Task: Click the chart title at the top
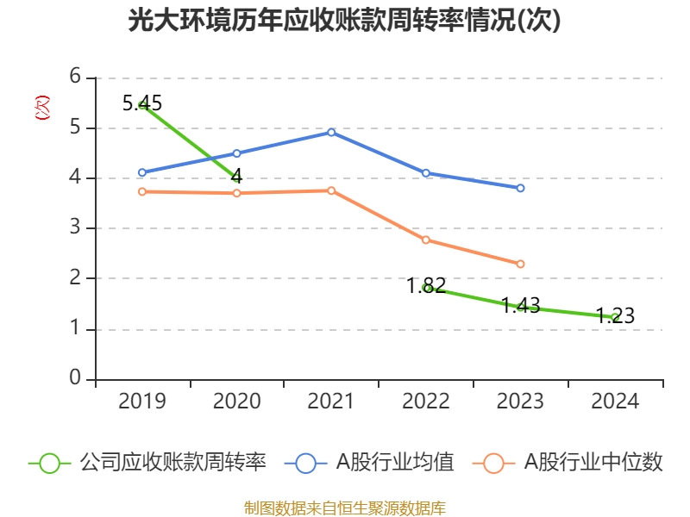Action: (344, 21)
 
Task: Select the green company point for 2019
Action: (142, 105)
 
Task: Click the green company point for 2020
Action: (236, 178)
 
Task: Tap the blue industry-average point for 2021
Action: (331, 132)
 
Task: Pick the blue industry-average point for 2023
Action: (521, 188)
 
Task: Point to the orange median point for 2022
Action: (426, 240)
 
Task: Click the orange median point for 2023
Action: (521, 264)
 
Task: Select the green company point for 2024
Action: (615, 317)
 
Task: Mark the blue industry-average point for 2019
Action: (142, 172)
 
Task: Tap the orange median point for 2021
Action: (331, 190)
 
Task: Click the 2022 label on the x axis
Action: (426, 402)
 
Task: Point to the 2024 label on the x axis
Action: (615, 402)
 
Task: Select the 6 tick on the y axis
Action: (75, 78)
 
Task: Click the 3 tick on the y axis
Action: (75, 228)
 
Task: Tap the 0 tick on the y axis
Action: (75, 379)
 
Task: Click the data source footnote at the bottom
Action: (344, 508)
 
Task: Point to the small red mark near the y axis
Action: (41, 108)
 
